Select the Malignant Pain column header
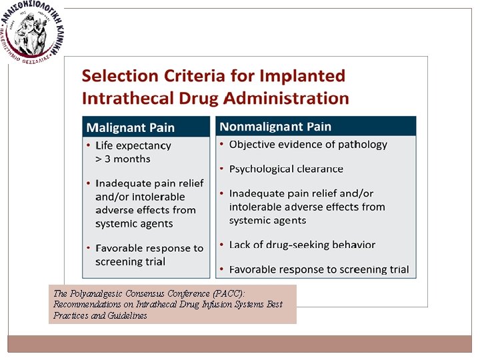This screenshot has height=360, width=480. (x=131, y=127)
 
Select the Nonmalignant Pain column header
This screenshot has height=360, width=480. (x=275, y=127)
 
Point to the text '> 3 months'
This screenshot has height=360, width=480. (x=123, y=159)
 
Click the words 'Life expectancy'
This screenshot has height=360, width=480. (x=133, y=145)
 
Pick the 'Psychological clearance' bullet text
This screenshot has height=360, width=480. (x=286, y=169)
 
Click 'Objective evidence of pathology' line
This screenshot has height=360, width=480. (x=308, y=145)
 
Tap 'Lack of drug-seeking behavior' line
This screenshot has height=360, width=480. (x=302, y=245)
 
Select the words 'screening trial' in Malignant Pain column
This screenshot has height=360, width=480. (x=130, y=261)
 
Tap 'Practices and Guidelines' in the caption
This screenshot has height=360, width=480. (x=101, y=315)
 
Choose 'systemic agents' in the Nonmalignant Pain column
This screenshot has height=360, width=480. (x=267, y=220)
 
